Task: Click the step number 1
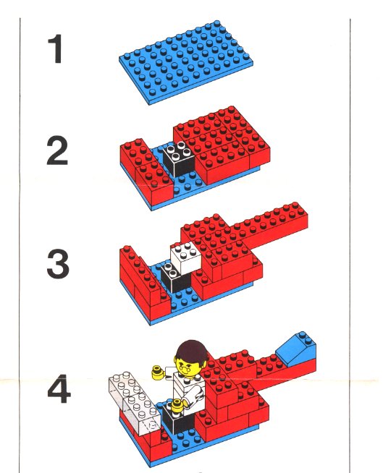[x=55, y=48]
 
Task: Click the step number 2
[x=57, y=150]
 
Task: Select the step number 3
[x=58, y=263]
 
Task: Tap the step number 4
[x=59, y=388]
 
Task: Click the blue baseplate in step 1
[x=186, y=62]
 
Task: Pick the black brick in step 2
[x=179, y=159]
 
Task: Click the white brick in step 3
[x=185, y=257]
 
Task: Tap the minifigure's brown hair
[x=193, y=352]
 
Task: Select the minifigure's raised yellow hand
[x=159, y=372]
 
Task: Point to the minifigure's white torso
[x=190, y=390]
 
